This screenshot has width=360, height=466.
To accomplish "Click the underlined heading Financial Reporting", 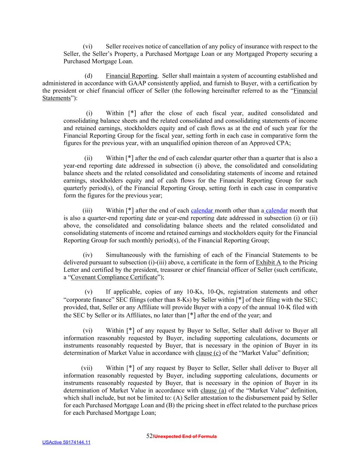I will point(131,76).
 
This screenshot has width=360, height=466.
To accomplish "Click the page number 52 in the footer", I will point(149,436).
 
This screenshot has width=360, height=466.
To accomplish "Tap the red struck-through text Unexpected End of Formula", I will point(185,436).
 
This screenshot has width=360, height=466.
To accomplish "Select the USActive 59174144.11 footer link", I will point(66,442).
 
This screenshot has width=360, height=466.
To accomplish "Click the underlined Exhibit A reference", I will point(268,263).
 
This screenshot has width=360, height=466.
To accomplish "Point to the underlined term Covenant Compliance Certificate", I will point(114,277).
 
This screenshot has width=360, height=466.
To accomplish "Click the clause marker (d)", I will point(88,76).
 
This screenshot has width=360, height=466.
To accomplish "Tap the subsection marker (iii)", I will point(87,211).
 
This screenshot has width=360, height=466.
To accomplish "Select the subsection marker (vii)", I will point(87,368).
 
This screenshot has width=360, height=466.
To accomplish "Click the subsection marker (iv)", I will point(88,255).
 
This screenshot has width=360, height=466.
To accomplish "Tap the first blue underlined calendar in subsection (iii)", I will point(202,211).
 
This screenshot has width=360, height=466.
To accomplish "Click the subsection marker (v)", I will point(88,292).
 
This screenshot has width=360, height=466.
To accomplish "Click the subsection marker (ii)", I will point(88,158).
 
